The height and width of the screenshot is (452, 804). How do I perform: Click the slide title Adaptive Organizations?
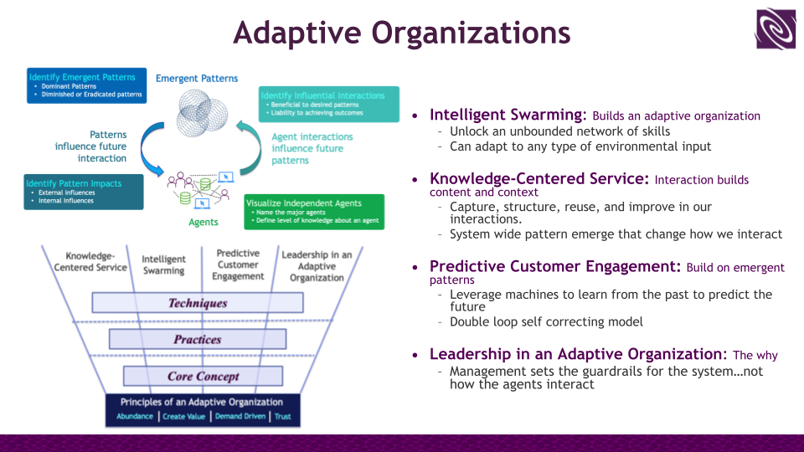401,33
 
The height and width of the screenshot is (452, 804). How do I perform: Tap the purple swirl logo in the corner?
776,29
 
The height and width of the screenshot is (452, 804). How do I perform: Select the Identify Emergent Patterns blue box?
86,85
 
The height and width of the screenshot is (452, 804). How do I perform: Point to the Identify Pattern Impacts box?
83,192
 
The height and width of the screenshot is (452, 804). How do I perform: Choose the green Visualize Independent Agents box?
314,212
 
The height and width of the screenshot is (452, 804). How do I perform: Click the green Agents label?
203,222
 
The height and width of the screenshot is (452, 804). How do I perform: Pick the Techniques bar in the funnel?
198,303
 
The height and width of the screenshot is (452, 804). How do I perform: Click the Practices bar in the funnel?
198,340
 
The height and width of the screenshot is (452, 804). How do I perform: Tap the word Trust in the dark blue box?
283,417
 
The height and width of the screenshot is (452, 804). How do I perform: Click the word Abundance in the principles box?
135,417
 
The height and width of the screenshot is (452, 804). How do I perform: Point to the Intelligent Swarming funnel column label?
163,265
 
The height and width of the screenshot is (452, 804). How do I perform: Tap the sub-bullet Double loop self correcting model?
547,322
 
